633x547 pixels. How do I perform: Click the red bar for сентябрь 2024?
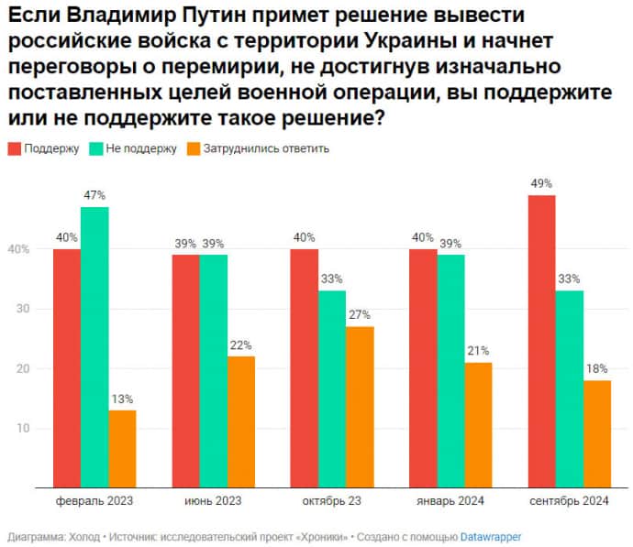pyautogui.click(x=541, y=341)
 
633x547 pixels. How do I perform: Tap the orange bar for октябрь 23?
pyautogui.click(x=359, y=406)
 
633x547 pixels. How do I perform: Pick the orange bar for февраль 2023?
pyautogui.click(x=122, y=448)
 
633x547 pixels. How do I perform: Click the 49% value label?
pyautogui.click(x=541, y=183)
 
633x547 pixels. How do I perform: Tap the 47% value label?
pyautogui.click(x=94, y=195)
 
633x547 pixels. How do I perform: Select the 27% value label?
pyautogui.click(x=359, y=314)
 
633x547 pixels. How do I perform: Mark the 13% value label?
pyautogui.click(x=122, y=399)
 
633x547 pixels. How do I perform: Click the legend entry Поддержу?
pyautogui.click(x=51, y=148)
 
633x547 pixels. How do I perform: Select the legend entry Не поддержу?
pyautogui.click(x=139, y=148)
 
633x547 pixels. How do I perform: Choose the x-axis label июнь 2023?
pyautogui.click(x=214, y=501)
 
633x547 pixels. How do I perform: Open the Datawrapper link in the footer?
pyautogui.click(x=491, y=536)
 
